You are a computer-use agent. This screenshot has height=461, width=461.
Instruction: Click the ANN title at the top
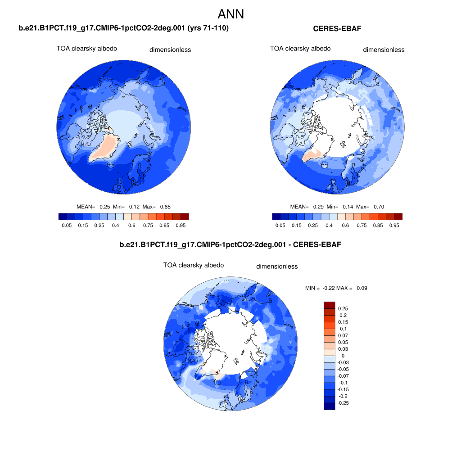230,14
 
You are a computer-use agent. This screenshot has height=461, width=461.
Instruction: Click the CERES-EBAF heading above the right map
337,29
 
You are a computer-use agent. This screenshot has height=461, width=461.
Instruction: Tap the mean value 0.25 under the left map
104,207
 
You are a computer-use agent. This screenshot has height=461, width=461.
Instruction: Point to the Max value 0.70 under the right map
379,207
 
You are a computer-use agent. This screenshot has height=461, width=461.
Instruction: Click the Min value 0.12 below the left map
134,207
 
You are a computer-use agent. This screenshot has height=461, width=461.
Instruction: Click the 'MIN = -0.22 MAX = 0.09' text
336,288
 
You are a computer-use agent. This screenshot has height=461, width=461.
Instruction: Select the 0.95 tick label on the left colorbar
181,225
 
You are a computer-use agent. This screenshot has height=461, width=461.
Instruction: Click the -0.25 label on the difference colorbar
343,403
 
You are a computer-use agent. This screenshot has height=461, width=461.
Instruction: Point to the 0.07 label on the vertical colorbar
343,335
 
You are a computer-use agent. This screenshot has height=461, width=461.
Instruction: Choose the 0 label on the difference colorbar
343,356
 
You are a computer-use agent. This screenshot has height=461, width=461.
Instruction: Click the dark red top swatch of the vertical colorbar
330,305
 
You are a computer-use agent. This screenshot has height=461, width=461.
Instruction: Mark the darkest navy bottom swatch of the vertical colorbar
330,406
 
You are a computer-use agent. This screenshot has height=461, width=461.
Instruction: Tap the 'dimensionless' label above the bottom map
277,267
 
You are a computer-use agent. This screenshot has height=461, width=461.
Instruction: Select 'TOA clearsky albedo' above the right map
300,49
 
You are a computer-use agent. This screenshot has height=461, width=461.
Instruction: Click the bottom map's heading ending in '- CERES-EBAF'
230,245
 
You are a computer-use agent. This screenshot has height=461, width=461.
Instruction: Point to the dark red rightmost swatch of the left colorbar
185,217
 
